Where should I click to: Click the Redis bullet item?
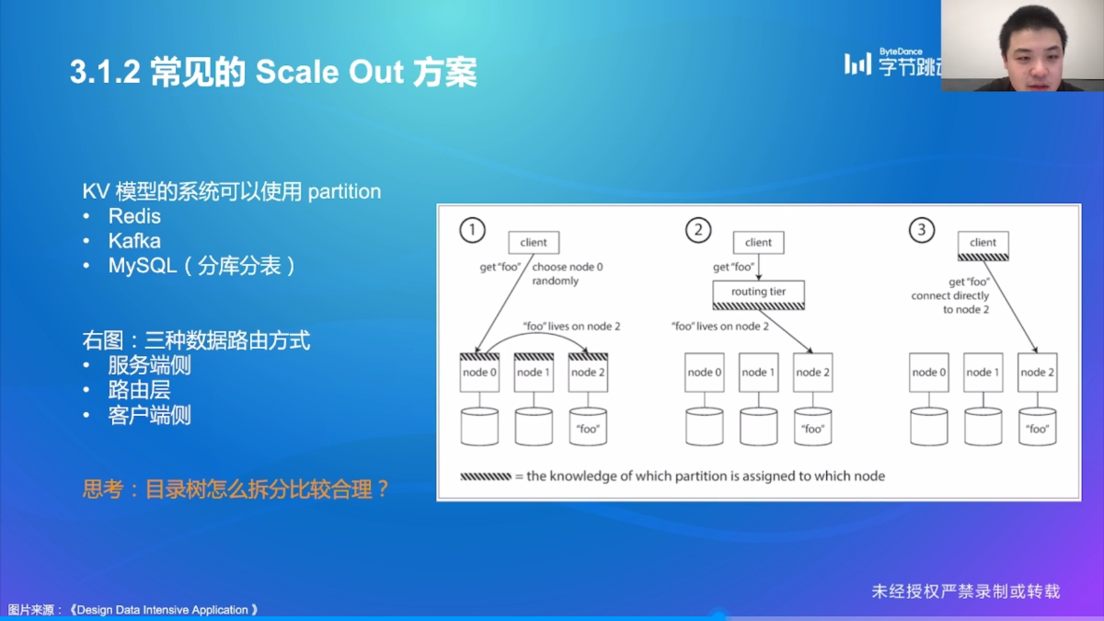(x=134, y=216)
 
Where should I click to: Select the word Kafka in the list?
(x=134, y=241)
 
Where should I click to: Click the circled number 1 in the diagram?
(x=472, y=230)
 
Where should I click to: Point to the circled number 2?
(x=697, y=230)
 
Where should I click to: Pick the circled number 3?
(x=922, y=230)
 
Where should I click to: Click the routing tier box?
(x=759, y=293)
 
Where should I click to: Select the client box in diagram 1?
(x=534, y=242)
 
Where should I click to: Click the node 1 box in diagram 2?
(x=758, y=373)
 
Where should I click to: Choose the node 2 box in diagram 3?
(x=1037, y=373)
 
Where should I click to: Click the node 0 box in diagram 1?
(x=479, y=373)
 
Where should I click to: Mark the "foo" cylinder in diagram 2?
(x=812, y=427)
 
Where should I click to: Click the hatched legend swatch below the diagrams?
(x=485, y=477)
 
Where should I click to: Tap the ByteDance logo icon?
(x=857, y=63)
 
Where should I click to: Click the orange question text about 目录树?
(x=236, y=489)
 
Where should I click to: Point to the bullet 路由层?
(x=139, y=390)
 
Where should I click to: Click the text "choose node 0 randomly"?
(x=560, y=273)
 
